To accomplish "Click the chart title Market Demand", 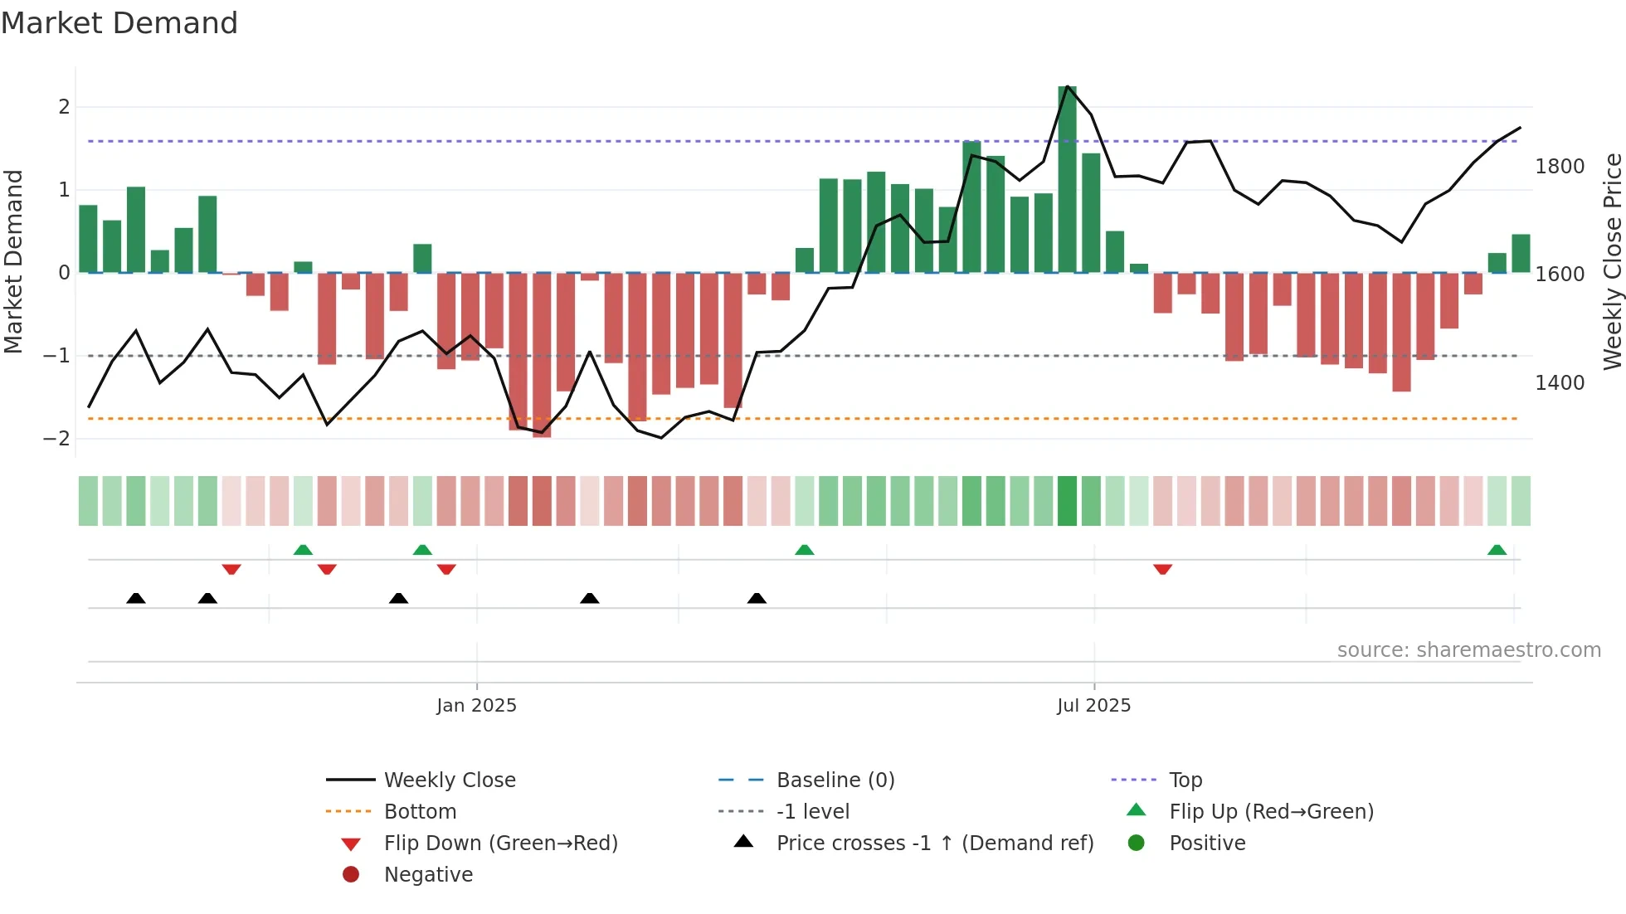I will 119,23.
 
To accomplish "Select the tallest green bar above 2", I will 1067,179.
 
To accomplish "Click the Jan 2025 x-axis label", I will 476,706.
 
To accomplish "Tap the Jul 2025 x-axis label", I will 1093,706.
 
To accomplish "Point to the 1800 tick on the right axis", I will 1560,167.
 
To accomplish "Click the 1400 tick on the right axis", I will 1560,383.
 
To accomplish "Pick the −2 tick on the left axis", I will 56,439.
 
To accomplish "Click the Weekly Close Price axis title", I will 1612,261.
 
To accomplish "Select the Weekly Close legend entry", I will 449,780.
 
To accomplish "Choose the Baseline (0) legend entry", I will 835,780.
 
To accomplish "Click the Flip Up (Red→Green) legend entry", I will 1271,812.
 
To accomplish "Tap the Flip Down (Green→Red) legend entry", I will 500,844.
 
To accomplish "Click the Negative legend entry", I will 428,875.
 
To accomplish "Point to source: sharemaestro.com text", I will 1468,650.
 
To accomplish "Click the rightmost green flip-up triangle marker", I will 1497,550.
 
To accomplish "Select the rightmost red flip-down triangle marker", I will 1162,569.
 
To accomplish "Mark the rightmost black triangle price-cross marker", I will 757,598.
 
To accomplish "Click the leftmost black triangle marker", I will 136,598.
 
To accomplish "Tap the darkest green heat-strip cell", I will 1067,501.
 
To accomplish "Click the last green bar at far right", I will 1521,254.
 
